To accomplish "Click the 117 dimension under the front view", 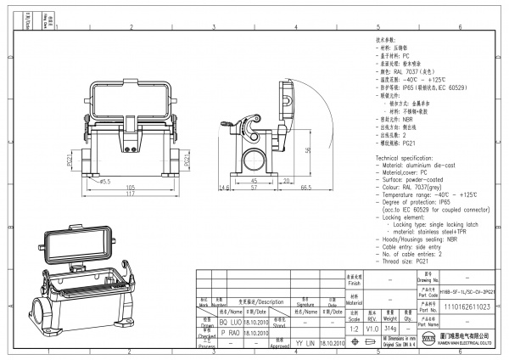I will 131,194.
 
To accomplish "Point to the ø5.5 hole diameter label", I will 105,181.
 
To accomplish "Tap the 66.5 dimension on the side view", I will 306,187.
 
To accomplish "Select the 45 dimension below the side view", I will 253,181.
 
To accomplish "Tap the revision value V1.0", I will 372,327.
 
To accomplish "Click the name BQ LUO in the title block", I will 230,323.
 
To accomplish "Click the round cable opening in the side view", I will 252,158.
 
